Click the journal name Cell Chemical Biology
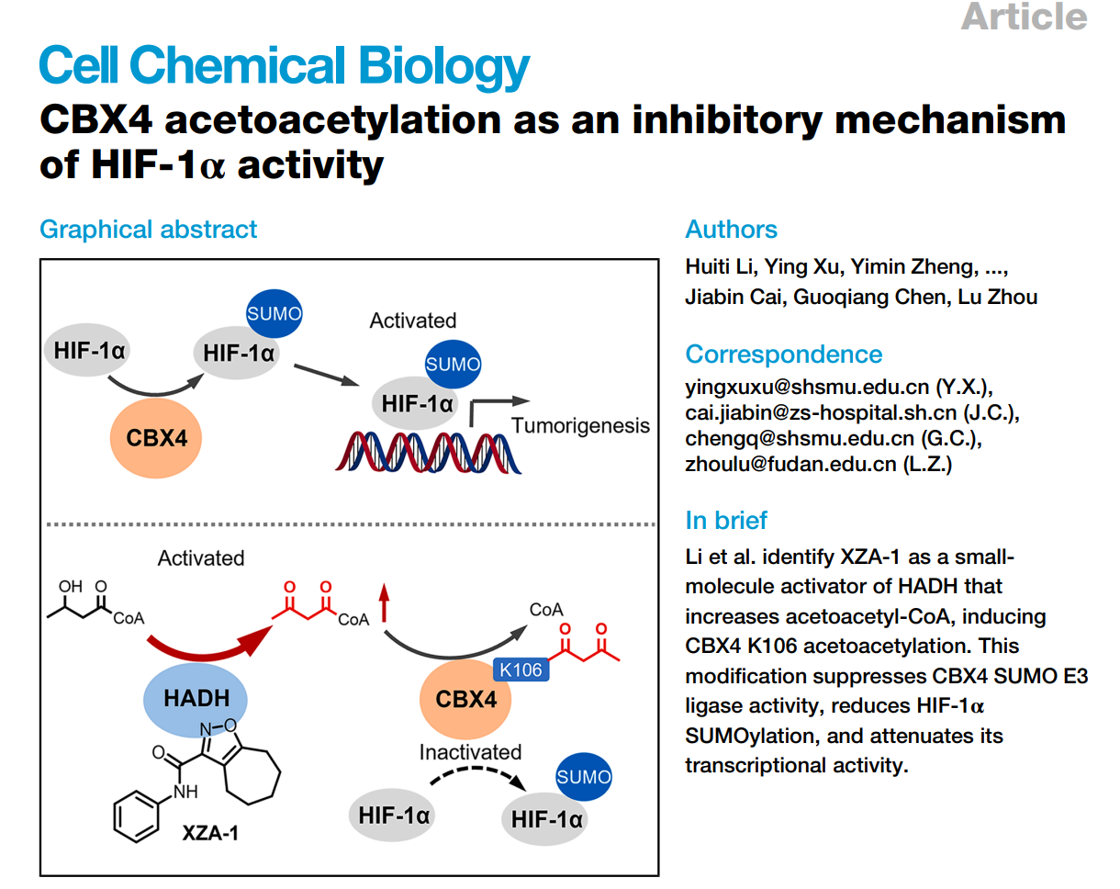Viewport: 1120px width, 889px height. click(285, 66)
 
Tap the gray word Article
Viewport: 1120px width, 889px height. click(1024, 17)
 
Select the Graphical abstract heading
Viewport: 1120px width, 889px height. click(148, 229)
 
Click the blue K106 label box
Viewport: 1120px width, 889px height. click(521, 670)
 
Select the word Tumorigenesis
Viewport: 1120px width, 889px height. click(580, 425)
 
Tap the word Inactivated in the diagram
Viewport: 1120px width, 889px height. click(470, 752)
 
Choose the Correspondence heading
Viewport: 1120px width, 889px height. click(783, 354)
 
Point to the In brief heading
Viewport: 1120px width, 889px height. click(726, 520)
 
